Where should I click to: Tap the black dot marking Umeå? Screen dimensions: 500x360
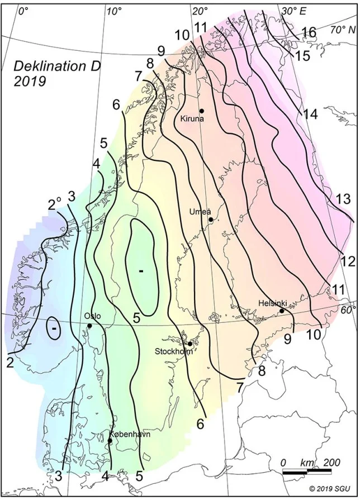pyautogui.click(x=211, y=220)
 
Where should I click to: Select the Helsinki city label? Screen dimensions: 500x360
pyautogui.click(x=273, y=303)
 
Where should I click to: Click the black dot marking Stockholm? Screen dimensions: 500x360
pyautogui.click(x=190, y=344)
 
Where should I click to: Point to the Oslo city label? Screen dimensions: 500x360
pyautogui.click(x=92, y=316)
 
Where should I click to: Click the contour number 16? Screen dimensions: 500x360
pyautogui.click(x=309, y=32)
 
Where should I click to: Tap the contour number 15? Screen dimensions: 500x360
pyautogui.click(x=302, y=56)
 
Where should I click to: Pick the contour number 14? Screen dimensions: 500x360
pyautogui.click(x=310, y=114)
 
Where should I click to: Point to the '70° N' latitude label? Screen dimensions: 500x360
pyautogui.click(x=343, y=29)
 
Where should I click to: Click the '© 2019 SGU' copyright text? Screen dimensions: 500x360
pyautogui.click(x=328, y=488)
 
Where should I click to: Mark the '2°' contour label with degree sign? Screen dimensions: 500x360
pyautogui.click(x=54, y=204)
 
